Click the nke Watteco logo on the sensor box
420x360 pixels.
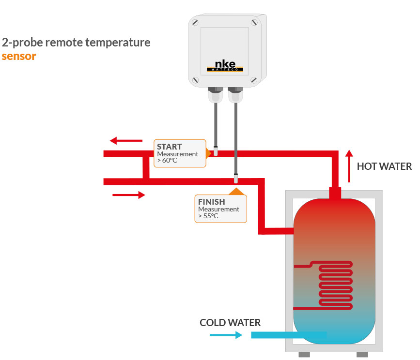click(224, 67)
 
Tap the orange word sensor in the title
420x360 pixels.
click(19, 56)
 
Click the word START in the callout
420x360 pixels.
click(170, 147)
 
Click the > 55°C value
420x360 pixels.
click(208, 216)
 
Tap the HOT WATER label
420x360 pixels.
click(384, 166)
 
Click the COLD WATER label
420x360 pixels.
click(230, 322)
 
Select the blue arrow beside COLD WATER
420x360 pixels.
click(226, 334)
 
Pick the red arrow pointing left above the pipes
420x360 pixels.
click(126, 141)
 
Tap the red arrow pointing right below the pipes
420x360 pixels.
click(129, 195)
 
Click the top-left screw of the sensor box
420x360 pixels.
click(195, 23)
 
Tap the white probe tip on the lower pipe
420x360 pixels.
click(236, 180)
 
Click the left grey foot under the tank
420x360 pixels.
click(304, 355)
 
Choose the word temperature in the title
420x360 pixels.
click(119, 43)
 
